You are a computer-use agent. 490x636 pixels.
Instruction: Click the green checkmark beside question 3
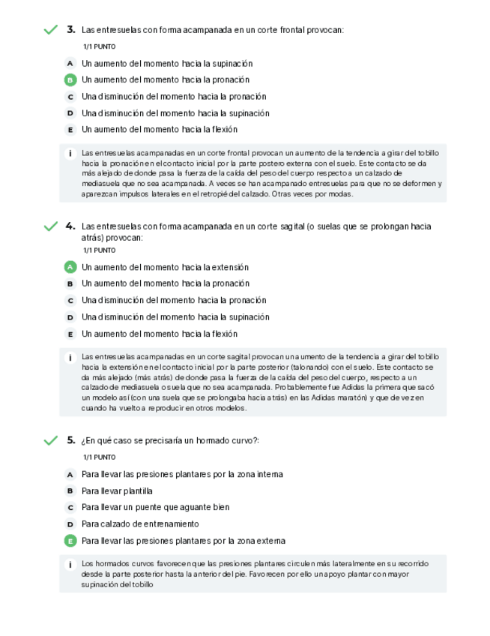[50, 30]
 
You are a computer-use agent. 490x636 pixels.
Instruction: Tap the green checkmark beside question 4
[50, 226]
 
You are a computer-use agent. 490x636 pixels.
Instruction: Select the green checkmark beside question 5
[50, 440]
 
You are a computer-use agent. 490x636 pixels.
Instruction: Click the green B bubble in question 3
[70, 80]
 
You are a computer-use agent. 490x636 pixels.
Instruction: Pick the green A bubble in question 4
[70, 267]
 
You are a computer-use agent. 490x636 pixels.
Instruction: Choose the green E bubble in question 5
[70, 541]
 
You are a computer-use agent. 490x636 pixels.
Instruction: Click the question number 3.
[70, 30]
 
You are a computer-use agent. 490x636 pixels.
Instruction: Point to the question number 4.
[70, 226]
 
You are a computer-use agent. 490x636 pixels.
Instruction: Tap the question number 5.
[70, 440]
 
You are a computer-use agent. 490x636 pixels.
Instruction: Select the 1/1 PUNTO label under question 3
[99, 46]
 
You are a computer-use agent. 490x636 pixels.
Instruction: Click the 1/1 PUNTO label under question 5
[99, 457]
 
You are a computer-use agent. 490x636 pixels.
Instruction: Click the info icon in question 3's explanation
[70, 153]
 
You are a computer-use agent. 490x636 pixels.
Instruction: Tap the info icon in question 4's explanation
[70, 358]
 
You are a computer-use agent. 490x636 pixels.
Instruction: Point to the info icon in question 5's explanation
[70, 564]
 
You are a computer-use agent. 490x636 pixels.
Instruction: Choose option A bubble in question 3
[70, 64]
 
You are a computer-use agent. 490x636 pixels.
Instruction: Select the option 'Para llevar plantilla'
[117, 491]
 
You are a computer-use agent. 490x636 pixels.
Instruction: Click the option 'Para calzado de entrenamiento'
[140, 524]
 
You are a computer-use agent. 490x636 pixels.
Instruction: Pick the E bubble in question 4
[70, 334]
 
